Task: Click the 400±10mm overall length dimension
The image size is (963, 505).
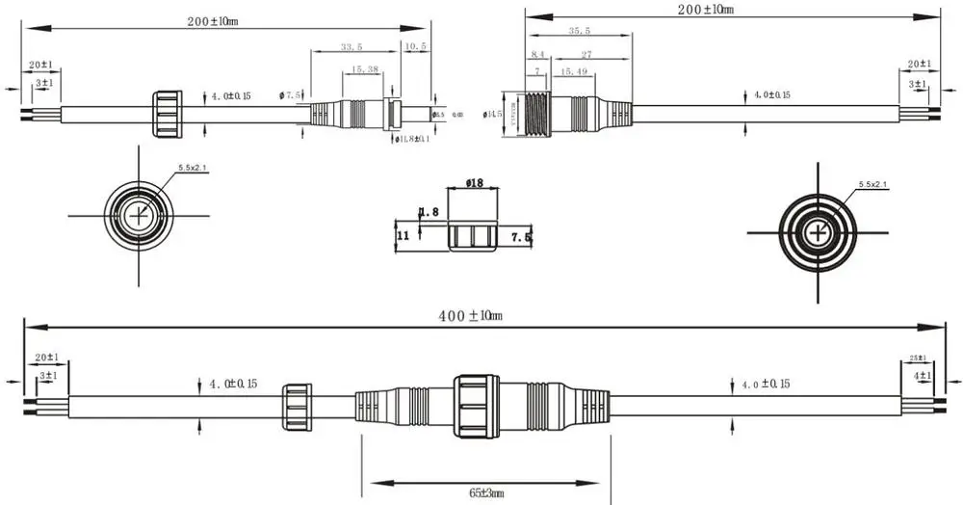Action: point(466,316)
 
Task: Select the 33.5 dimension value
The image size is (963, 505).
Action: point(351,46)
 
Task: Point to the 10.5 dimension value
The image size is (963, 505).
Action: point(416,46)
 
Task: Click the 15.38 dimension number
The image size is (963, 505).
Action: point(364,69)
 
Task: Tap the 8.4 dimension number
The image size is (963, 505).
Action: point(537,55)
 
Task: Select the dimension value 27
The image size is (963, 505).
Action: point(586,55)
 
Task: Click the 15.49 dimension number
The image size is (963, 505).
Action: point(574,72)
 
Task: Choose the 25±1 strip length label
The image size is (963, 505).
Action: point(920,359)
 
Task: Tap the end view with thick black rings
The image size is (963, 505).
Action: point(817,232)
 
